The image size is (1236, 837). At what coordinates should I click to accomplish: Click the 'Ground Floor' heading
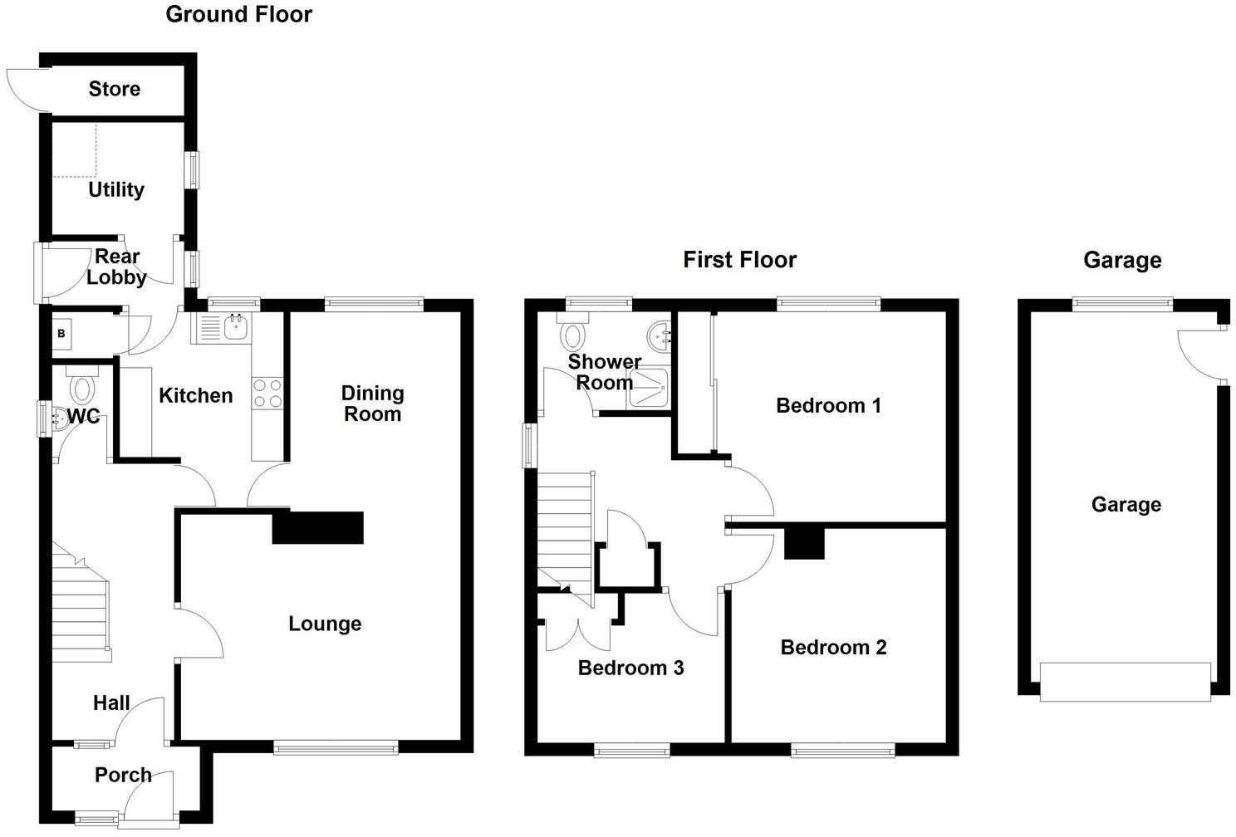(238, 14)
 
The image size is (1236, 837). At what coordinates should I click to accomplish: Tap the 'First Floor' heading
(739, 260)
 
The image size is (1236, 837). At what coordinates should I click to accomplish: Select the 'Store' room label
(115, 89)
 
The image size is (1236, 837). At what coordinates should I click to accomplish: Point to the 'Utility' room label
(116, 189)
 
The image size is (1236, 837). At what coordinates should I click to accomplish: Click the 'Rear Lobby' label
(116, 267)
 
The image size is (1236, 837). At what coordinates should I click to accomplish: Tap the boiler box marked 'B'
(61, 334)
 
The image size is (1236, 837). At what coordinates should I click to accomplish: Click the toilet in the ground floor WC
(82, 388)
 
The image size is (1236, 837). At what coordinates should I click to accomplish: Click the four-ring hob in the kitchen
(267, 393)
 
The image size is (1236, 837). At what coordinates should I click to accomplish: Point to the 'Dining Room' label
(372, 404)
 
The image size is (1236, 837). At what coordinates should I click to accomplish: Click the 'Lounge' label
(325, 624)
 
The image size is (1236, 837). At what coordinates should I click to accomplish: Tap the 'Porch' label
(123, 775)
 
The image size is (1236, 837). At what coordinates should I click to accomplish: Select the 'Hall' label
(111, 703)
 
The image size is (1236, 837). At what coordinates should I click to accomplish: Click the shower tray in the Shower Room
(651, 389)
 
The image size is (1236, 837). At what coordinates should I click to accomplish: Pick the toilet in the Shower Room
(573, 334)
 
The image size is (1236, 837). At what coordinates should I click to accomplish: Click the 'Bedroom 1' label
(828, 405)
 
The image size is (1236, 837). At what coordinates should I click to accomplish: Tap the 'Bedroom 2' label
(833, 647)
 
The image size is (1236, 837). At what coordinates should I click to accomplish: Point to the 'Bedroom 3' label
(630, 668)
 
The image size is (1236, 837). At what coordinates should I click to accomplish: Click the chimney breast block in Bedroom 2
(804, 543)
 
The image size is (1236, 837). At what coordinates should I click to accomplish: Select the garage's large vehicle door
(1125, 682)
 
